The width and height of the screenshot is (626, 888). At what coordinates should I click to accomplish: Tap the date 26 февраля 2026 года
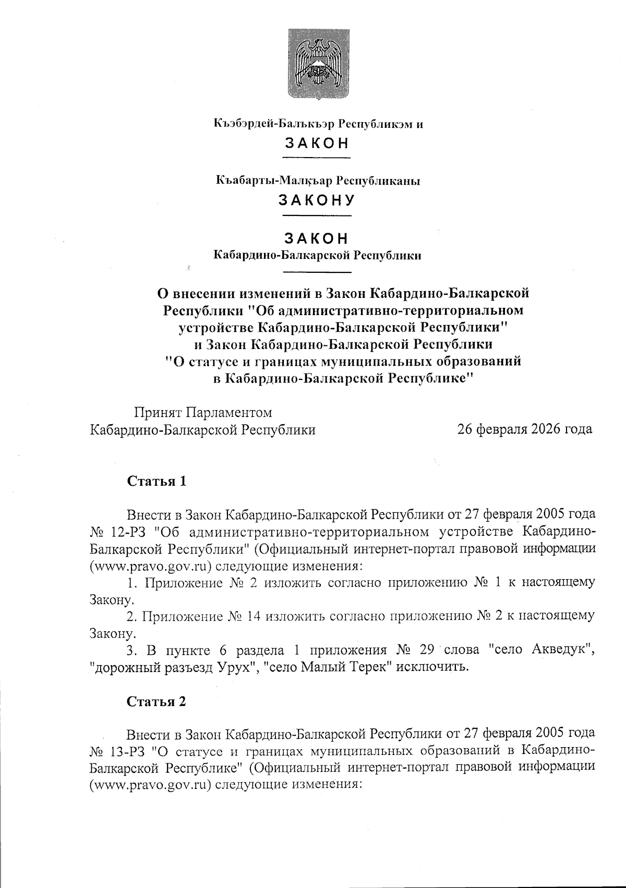[x=524, y=429]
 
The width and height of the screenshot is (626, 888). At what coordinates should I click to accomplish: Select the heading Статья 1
[x=157, y=481]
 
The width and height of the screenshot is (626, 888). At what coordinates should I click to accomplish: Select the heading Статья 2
[x=157, y=702]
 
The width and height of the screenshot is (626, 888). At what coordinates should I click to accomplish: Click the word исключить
[x=430, y=668]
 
